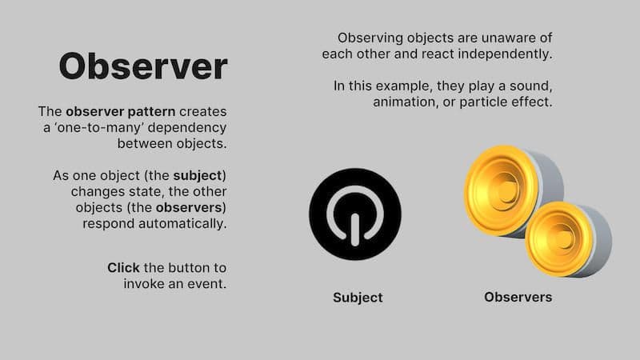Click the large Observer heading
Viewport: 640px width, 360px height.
(x=142, y=66)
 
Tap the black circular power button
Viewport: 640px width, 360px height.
(x=355, y=214)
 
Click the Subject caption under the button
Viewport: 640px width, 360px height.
(x=358, y=298)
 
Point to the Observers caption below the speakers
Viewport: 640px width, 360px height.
(x=518, y=297)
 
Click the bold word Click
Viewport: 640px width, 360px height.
(x=124, y=267)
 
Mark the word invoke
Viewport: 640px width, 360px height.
(x=144, y=283)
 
